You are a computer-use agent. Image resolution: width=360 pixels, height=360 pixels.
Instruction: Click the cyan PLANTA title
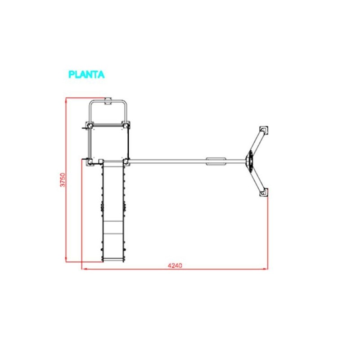click(86, 74)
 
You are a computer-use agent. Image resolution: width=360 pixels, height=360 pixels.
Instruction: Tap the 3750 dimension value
click(63, 180)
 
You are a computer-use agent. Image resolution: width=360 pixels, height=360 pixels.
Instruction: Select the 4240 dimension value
click(175, 265)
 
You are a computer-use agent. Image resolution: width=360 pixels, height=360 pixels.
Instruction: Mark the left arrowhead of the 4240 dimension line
click(84, 269)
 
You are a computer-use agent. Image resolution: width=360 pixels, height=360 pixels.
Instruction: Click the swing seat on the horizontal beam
click(216, 162)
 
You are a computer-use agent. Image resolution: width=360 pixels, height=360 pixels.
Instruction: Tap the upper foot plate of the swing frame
click(264, 130)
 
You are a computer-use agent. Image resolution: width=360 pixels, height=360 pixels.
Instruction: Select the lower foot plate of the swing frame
click(264, 193)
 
